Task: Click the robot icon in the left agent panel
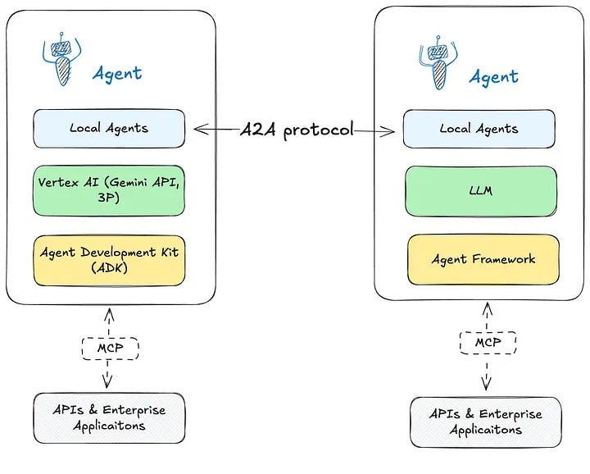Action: tap(62, 59)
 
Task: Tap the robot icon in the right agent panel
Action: tap(438, 62)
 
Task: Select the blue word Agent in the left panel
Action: tap(117, 74)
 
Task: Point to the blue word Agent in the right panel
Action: tap(493, 77)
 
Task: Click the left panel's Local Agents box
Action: tap(109, 129)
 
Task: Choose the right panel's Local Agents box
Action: tap(479, 129)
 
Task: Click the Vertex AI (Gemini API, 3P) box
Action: tap(109, 190)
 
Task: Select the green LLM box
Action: tap(481, 191)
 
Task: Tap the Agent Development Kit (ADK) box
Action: tap(109, 261)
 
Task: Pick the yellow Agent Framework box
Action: tap(483, 259)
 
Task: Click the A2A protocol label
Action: tap(297, 130)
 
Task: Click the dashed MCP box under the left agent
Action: tap(111, 349)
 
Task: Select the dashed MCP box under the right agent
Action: tap(488, 343)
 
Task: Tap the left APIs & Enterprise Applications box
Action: tap(109, 418)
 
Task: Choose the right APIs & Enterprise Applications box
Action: tap(486, 422)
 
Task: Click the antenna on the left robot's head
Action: tap(61, 36)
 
